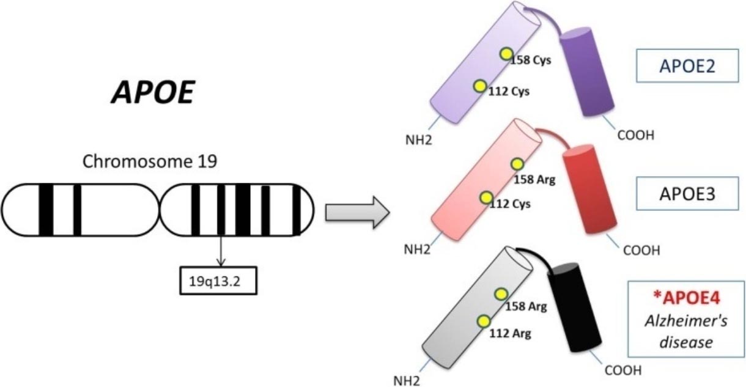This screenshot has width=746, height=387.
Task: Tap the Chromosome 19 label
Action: click(x=149, y=163)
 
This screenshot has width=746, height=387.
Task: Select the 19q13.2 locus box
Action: click(x=219, y=281)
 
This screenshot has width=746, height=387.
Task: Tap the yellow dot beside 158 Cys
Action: click(x=505, y=54)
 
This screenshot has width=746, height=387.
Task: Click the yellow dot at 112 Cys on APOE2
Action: click(x=479, y=86)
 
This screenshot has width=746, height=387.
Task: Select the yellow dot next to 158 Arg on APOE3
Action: click(x=517, y=164)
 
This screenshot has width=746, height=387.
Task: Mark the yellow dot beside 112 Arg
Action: click(x=484, y=321)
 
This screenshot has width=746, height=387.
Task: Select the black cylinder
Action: click(x=572, y=310)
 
